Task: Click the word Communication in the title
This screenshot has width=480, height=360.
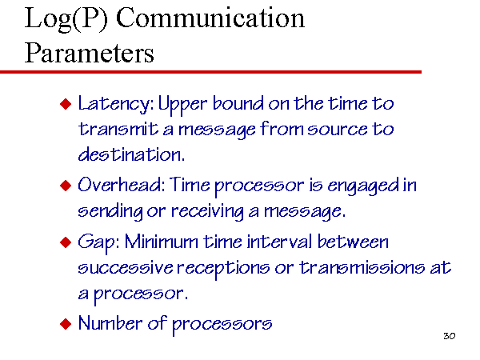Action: click(210, 18)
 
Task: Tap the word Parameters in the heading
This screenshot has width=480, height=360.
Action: click(89, 53)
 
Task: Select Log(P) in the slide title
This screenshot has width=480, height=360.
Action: click(66, 19)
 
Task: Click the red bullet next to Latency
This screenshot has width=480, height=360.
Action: click(66, 104)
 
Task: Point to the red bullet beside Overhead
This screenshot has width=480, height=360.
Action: click(66, 186)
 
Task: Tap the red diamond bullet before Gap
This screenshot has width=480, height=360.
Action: click(66, 242)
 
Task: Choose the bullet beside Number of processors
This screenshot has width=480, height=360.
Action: click(66, 323)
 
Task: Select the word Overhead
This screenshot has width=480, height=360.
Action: click(122, 185)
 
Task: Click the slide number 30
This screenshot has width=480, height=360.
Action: click(449, 336)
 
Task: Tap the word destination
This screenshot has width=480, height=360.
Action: click(131, 154)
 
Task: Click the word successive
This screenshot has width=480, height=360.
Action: click(126, 267)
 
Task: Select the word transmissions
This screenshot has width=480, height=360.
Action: click(362, 267)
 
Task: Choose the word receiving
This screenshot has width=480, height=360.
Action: click(207, 212)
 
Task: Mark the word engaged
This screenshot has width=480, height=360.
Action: click(363, 186)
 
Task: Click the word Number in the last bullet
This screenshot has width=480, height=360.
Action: click(110, 323)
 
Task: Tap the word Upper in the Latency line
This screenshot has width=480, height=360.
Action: click(182, 105)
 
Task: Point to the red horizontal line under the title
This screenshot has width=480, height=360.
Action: click(210, 72)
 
